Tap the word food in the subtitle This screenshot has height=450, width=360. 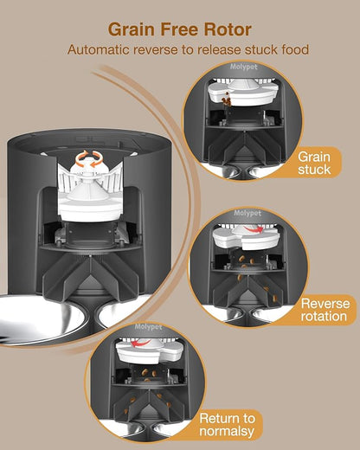click(291, 51)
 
